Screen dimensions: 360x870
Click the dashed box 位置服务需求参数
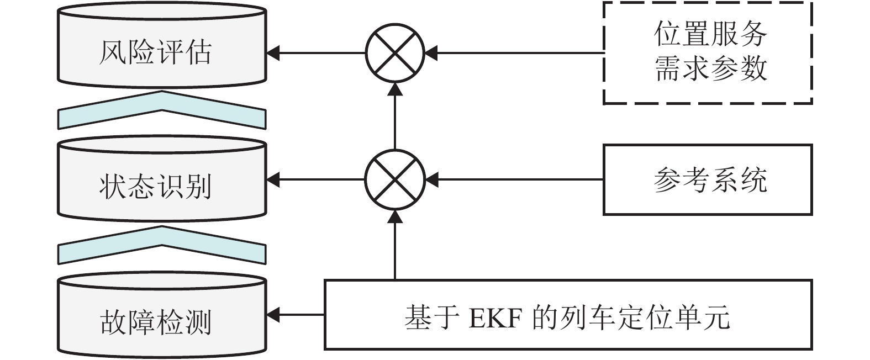[x=708, y=53]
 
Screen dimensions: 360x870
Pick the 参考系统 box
[x=708, y=179]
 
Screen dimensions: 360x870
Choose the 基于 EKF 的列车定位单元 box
[x=568, y=315]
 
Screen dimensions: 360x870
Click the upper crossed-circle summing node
[x=394, y=54]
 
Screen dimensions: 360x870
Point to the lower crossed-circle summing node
[x=394, y=179]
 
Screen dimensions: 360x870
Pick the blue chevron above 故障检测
[x=161, y=245]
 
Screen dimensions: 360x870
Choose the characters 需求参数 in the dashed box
[x=710, y=69]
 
